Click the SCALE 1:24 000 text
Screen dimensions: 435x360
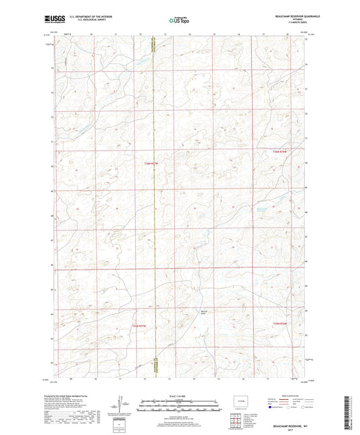click(180, 396)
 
